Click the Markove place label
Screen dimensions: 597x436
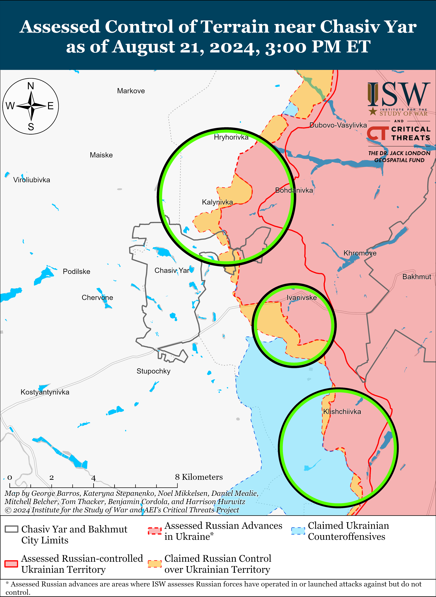pyautogui.click(x=131, y=91)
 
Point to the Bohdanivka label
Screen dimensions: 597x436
pyautogui.click(x=294, y=190)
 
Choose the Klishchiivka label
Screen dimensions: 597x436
pyautogui.click(x=342, y=412)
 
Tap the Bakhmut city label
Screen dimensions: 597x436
pyautogui.click(x=417, y=277)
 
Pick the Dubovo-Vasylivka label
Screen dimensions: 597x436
pyautogui.click(x=338, y=125)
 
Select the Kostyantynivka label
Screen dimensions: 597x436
pyautogui.click(x=45, y=392)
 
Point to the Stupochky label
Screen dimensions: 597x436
pyautogui.click(x=153, y=371)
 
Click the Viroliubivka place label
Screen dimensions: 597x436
pyautogui.click(x=32, y=180)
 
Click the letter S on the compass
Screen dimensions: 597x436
pyautogui.click(x=31, y=127)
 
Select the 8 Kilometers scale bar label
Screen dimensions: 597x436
pyautogui.click(x=199, y=477)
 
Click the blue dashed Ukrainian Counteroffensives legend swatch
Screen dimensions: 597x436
pyautogui.click(x=298, y=531)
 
